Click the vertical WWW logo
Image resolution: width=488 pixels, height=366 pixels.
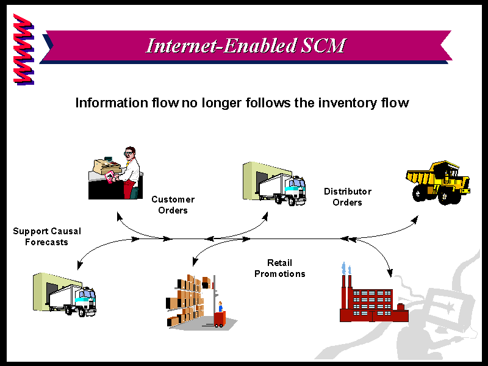(24, 49)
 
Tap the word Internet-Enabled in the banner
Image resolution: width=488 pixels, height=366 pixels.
(221, 45)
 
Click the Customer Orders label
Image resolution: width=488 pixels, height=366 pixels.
(173, 205)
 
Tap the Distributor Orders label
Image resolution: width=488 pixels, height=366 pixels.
(348, 196)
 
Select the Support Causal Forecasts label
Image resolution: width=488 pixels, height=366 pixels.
(47, 237)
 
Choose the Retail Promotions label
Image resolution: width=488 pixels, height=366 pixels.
(280, 268)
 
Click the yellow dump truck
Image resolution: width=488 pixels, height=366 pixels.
(438, 182)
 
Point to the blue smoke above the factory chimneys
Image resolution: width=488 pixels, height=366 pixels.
(346, 268)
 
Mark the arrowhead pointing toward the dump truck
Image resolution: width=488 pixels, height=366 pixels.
(415, 220)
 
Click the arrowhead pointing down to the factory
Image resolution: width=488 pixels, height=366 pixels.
(390, 273)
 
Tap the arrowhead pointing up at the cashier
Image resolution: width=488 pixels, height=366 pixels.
(118, 216)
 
